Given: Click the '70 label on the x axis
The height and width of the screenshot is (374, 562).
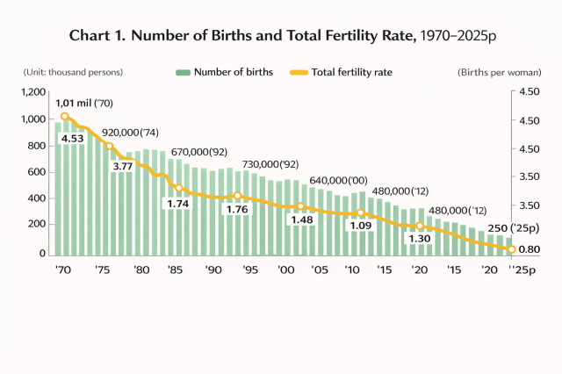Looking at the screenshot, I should [61, 270].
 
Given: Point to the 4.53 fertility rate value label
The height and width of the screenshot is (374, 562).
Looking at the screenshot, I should [72, 138].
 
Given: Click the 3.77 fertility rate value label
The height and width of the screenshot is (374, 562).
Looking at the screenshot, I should [120, 166].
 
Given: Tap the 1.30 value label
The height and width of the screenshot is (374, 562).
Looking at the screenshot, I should [420, 238].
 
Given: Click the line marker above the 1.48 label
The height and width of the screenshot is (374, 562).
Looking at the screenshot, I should [301, 207].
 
